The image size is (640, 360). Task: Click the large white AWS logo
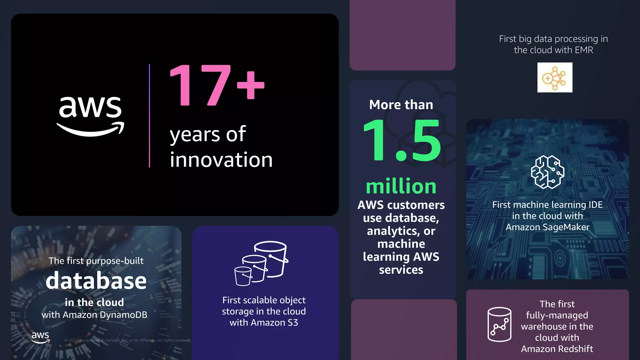point(90,116)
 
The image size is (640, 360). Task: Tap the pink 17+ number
point(217,85)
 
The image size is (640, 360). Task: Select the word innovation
point(221,160)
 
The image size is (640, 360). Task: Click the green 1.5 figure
point(402,141)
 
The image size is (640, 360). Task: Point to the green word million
point(401,187)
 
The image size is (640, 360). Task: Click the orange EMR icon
point(555,77)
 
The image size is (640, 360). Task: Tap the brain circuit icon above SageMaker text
point(547,172)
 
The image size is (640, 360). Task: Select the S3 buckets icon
point(262,263)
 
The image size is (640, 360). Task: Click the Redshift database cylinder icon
point(499,324)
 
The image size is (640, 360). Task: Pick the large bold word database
point(96,281)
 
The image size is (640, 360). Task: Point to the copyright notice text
point(127,340)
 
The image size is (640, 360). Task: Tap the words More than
point(401,105)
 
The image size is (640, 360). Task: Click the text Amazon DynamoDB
point(105,315)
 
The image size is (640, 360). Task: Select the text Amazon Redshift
point(557,349)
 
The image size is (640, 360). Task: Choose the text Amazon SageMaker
point(547,227)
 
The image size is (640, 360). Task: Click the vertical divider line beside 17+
point(149,116)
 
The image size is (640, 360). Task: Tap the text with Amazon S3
point(264,322)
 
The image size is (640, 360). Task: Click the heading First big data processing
point(553,39)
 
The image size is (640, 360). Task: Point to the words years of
point(208,134)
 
